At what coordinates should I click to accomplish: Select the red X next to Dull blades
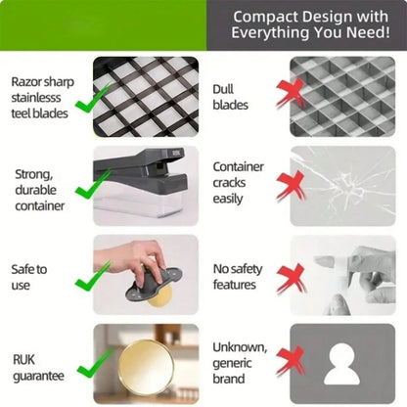coord(291,92)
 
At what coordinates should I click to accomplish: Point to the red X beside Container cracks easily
coord(291,187)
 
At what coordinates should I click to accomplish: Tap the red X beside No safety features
coord(291,278)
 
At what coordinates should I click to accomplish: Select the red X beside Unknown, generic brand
coord(291,361)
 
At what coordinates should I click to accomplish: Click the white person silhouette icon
coord(341,364)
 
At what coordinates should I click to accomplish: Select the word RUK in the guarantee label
coord(23,360)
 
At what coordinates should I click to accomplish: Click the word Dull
coord(223,89)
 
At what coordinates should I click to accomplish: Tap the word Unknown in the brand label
coord(240,347)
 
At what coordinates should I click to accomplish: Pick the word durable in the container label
coord(35,190)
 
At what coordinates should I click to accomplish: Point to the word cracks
coord(229,183)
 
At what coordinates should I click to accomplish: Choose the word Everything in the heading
coord(270,33)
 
